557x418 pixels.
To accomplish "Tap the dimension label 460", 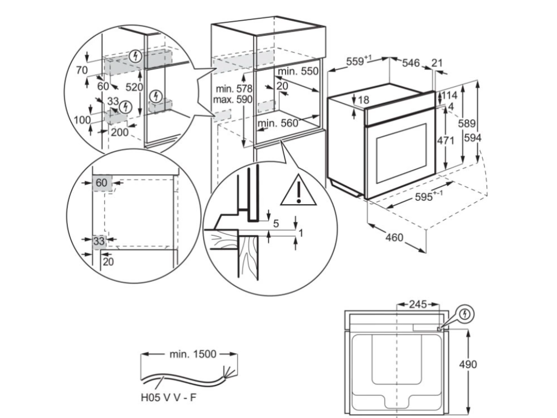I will pos(395,237).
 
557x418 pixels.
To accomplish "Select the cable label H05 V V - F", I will pos(169,398).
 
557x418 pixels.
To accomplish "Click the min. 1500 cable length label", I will pos(192,354).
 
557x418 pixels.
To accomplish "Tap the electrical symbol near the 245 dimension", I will pos(466,313).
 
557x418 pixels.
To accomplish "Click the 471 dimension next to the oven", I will pos(445,140).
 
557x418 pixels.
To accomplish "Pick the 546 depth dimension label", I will pos(411,64).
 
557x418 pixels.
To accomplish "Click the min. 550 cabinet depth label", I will pos(298,72).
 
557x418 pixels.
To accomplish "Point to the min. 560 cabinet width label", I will pos(278,124).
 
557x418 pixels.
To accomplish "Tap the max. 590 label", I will pos(233,100).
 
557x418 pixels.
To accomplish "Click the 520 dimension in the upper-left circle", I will pos(134,87).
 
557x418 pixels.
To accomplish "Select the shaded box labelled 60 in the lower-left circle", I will pos(102,183).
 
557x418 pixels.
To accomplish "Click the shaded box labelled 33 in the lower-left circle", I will pos(99,241).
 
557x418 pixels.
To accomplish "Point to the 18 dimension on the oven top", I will pos(363,100).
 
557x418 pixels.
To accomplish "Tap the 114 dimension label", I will pos(449,95).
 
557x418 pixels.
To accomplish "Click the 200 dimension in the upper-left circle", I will pos(119,132).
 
